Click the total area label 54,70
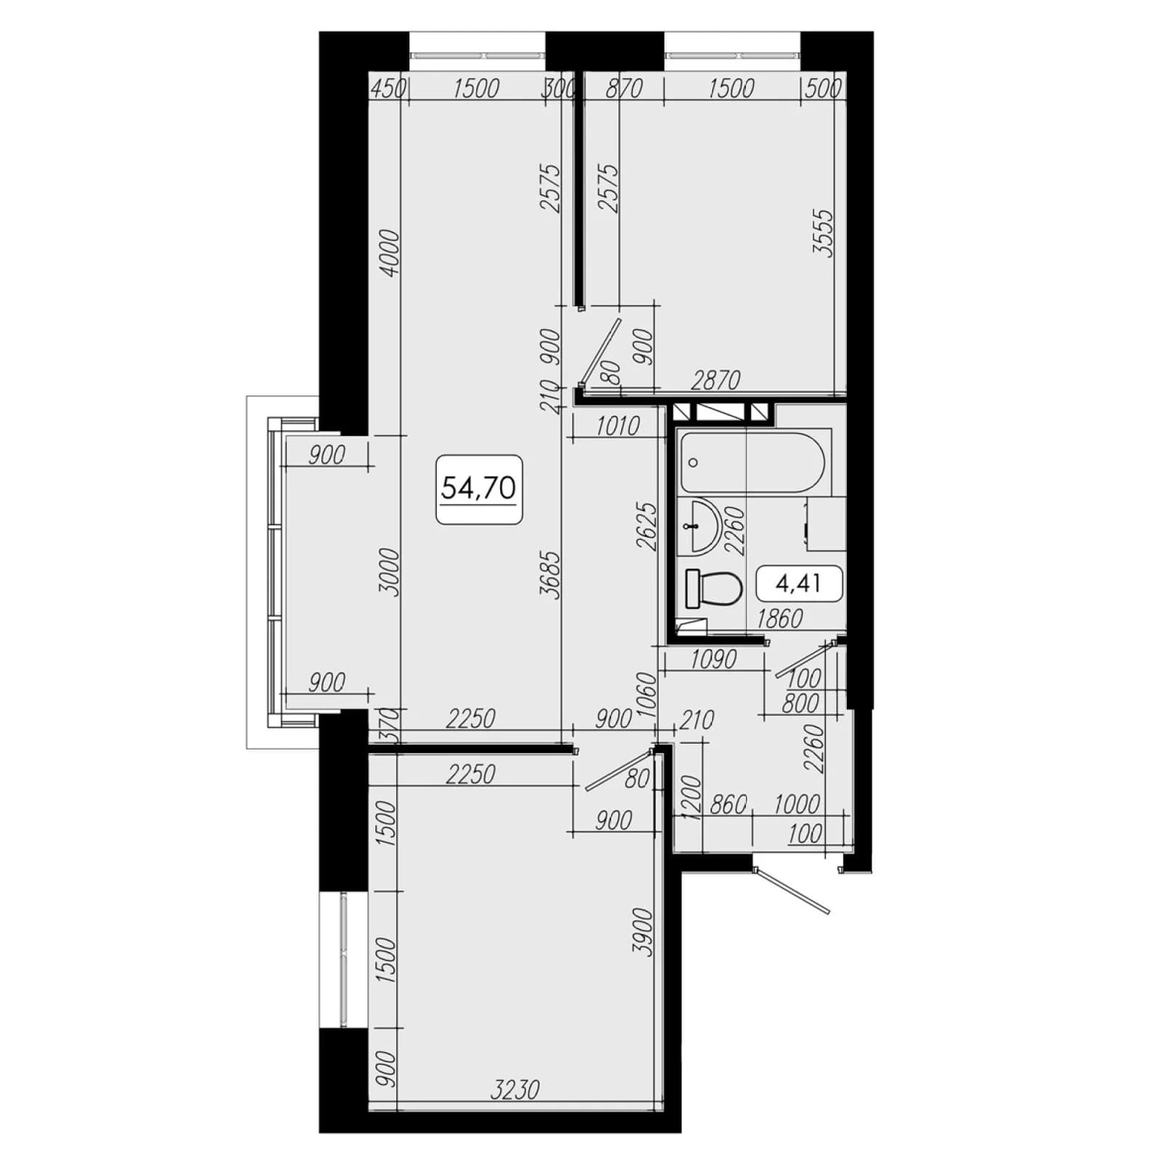(x=478, y=488)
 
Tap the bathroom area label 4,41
(x=799, y=583)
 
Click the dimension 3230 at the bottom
(x=515, y=1089)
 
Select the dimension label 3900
(x=643, y=932)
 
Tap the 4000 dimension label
(x=389, y=253)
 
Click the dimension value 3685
(x=551, y=575)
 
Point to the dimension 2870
(x=715, y=380)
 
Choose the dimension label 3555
(x=824, y=234)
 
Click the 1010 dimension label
(x=618, y=426)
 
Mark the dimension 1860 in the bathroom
(x=780, y=618)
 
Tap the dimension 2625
(x=646, y=526)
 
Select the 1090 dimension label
(x=713, y=659)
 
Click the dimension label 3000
(x=389, y=573)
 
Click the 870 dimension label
(x=623, y=89)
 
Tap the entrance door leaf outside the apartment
(x=792, y=891)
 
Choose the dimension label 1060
(x=646, y=695)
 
